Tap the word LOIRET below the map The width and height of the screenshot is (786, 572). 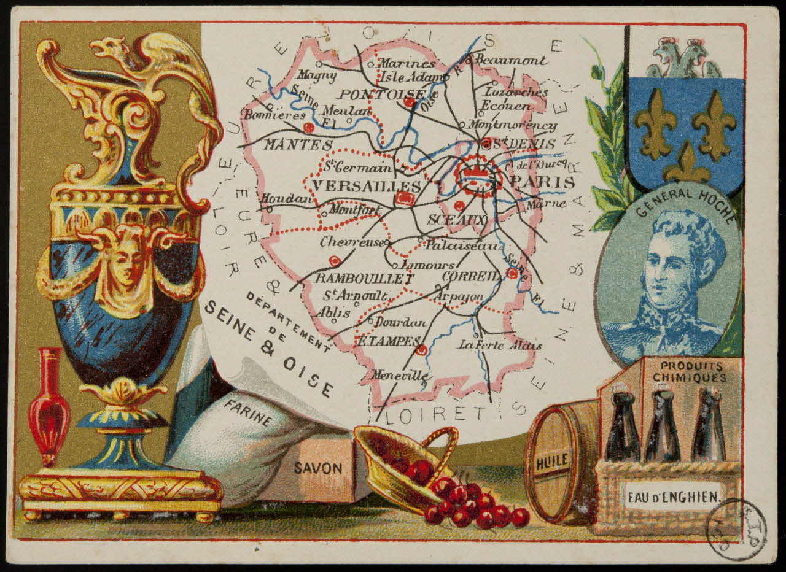[435, 414]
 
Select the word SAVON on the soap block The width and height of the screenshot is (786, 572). [317, 468]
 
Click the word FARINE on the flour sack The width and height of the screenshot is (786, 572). [248, 412]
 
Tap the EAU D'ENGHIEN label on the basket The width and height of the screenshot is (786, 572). [672, 496]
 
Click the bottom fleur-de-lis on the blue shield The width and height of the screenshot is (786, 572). [687, 164]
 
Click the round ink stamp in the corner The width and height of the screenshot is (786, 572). [736, 529]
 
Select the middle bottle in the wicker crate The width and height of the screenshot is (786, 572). [661, 426]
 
